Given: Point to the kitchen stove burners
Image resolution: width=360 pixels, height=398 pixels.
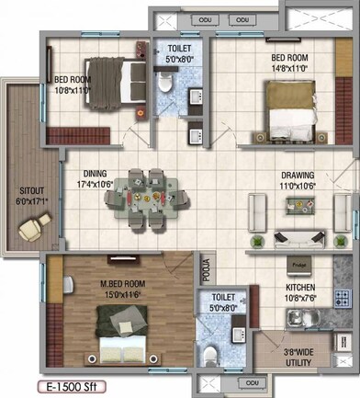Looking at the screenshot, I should (x=342, y=298).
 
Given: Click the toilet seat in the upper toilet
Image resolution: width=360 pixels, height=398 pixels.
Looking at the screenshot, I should (x=163, y=85).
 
